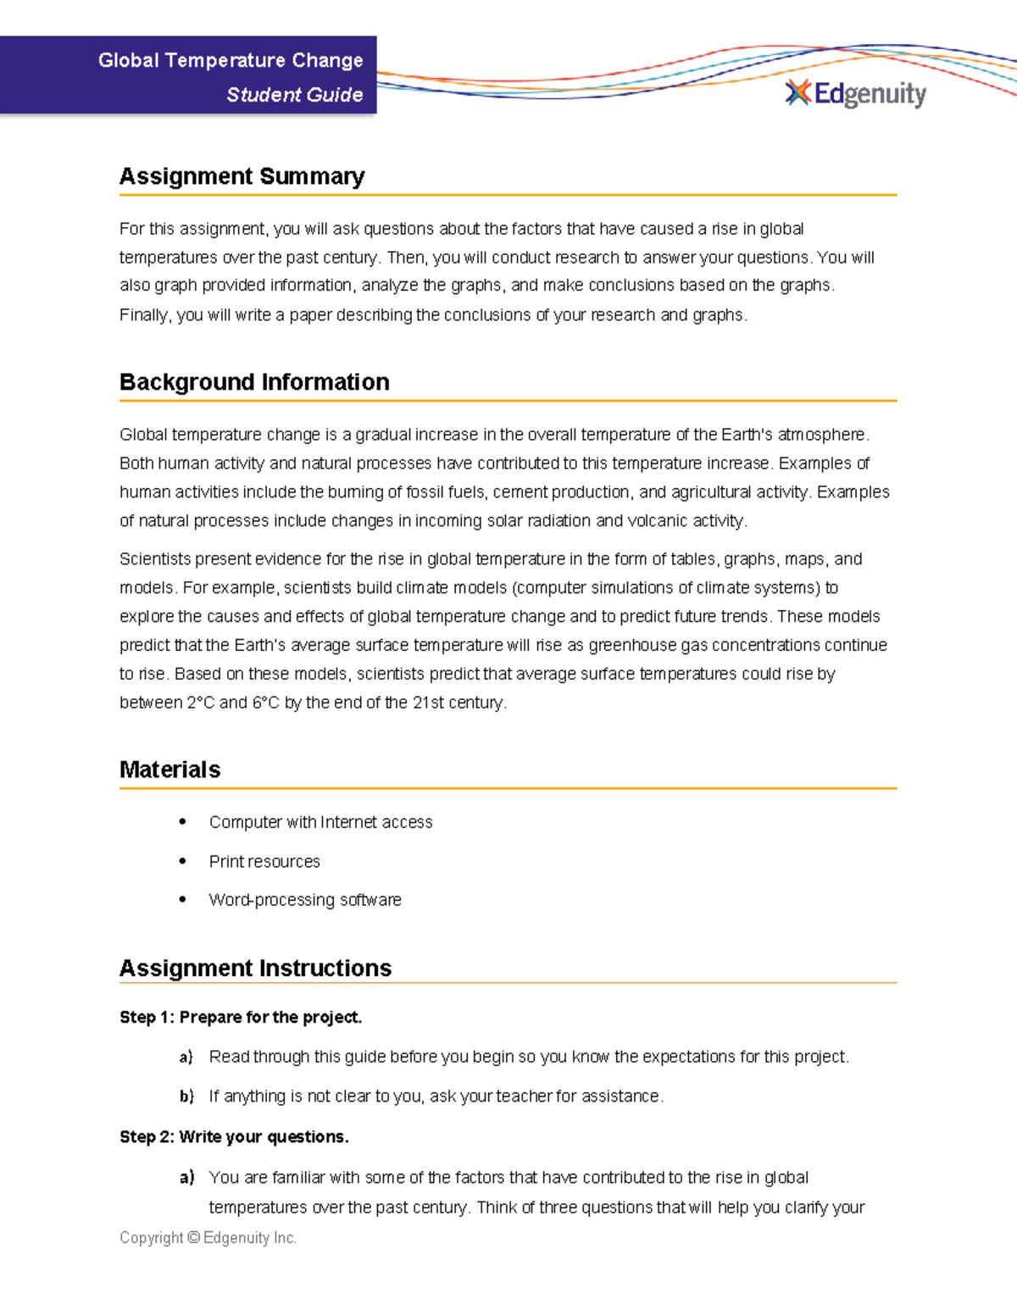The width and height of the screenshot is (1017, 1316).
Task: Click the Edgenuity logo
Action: click(x=856, y=93)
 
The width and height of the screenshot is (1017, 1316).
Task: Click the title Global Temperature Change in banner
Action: click(x=230, y=60)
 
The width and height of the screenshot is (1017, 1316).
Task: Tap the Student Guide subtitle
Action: click(x=294, y=95)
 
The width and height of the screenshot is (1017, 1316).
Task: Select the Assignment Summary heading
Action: click(x=242, y=176)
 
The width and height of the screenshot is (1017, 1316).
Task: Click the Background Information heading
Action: click(x=254, y=382)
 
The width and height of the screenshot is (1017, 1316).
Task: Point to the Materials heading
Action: click(x=169, y=769)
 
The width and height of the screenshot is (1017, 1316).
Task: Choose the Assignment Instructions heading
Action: click(x=255, y=968)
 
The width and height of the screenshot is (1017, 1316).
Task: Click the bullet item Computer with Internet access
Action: click(x=320, y=822)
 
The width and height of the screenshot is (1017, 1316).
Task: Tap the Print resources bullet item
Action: click(x=264, y=862)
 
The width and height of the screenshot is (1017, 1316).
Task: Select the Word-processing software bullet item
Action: click(x=305, y=900)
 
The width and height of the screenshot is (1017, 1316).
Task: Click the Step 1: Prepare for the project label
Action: click(x=241, y=1017)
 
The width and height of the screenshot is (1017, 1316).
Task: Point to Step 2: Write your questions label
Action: click(x=234, y=1137)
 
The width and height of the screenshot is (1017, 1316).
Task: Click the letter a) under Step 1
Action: click(x=186, y=1057)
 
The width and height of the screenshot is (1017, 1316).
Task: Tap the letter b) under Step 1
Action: click(x=186, y=1097)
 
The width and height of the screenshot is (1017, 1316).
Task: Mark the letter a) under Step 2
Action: click(x=186, y=1178)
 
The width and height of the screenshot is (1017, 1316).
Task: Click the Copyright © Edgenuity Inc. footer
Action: click(x=208, y=1238)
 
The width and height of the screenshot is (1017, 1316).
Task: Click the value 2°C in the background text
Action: click(x=201, y=702)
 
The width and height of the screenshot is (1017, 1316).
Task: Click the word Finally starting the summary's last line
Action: click(x=146, y=315)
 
